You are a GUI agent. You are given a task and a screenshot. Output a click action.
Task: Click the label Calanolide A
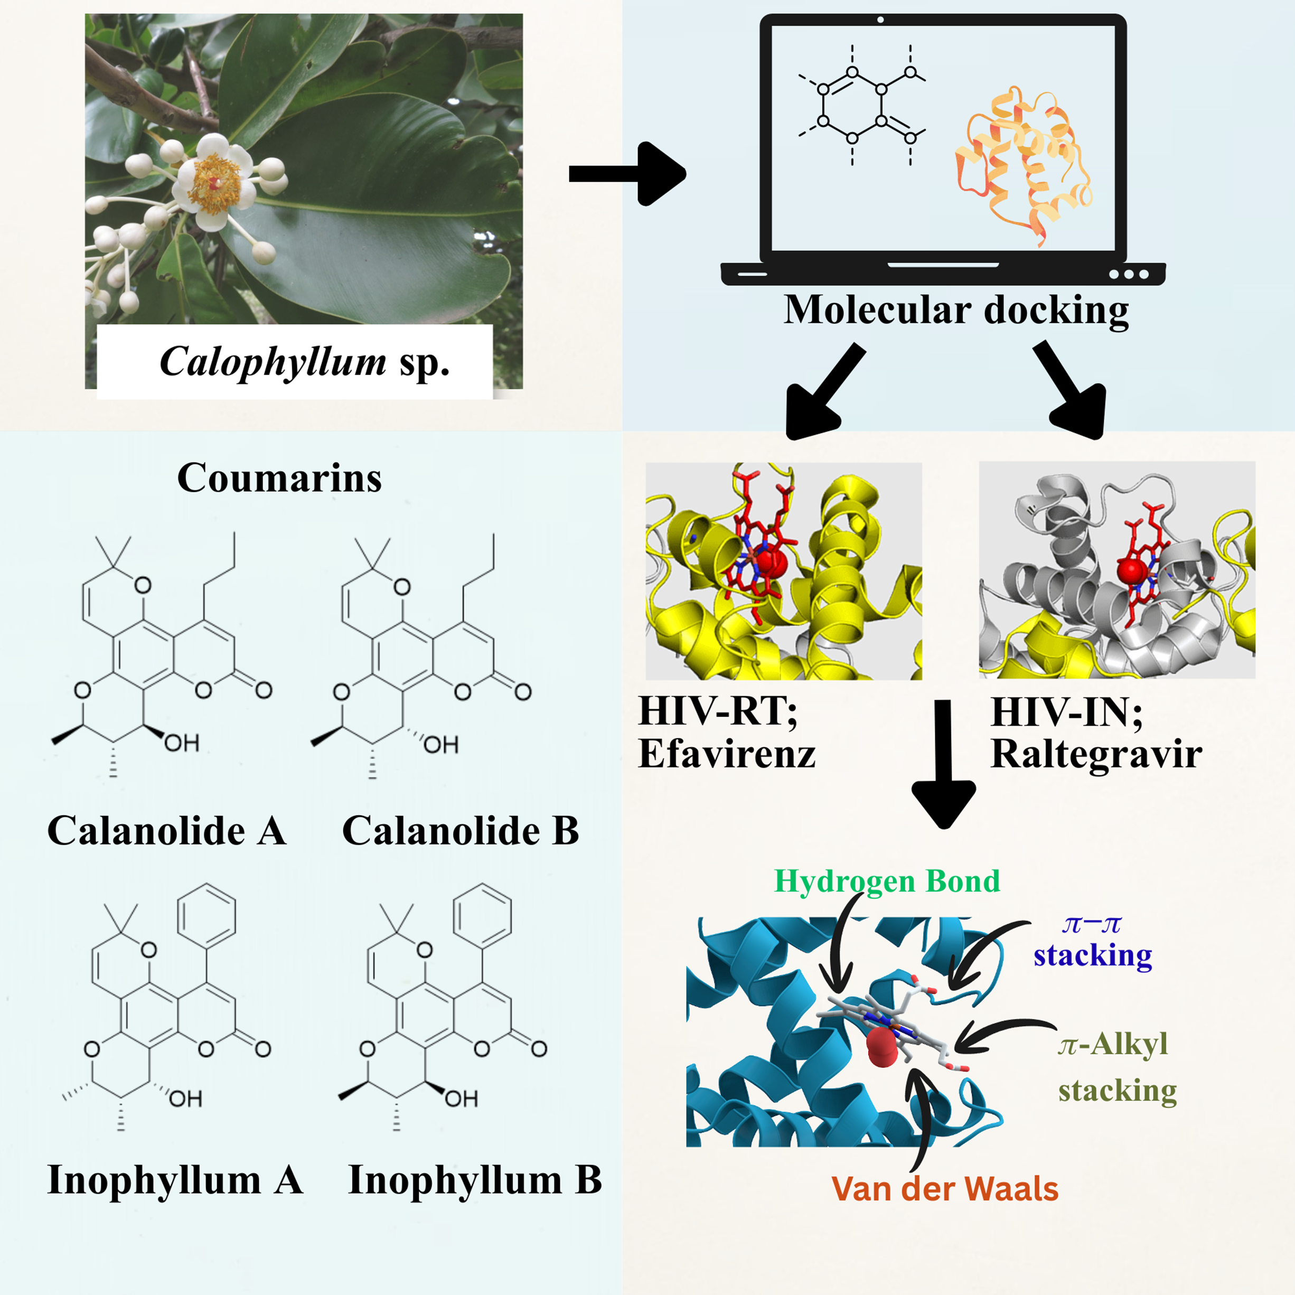[167, 831]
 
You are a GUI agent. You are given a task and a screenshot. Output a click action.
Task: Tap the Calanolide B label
[461, 831]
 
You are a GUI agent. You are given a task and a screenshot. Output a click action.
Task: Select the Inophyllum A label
[175, 1179]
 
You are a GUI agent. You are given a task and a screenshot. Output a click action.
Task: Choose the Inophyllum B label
[475, 1179]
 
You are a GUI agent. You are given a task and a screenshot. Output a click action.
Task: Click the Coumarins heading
[279, 478]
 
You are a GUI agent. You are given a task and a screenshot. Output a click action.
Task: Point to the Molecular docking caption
[956, 311]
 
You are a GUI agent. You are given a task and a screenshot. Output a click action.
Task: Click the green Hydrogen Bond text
[887, 881]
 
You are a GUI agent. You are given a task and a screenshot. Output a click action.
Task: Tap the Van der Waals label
[944, 1189]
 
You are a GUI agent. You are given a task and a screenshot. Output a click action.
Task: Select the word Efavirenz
[727, 754]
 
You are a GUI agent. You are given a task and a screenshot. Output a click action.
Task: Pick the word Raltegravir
[1096, 754]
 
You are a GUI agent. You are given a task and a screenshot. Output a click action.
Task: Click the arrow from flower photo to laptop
[627, 174]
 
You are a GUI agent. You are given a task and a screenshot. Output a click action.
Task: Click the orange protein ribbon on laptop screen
[1022, 164]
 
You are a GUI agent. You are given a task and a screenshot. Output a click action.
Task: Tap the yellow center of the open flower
[214, 183]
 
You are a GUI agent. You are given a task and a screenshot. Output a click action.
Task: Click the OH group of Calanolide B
[441, 745]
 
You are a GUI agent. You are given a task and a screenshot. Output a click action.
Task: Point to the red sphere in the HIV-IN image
[1132, 570]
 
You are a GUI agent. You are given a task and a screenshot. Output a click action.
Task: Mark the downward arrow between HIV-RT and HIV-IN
[944, 764]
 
